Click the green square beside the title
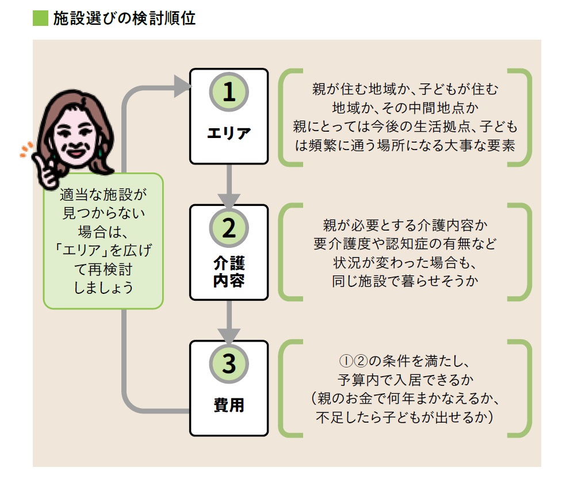(x=40, y=18)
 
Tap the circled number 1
(x=229, y=92)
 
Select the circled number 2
(x=229, y=228)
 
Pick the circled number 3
(x=229, y=363)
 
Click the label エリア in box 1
(x=229, y=133)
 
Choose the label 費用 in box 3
(x=229, y=405)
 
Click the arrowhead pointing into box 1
(x=182, y=87)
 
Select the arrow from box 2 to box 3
(x=229, y=321)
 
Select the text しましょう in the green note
(x=104, y=288)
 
